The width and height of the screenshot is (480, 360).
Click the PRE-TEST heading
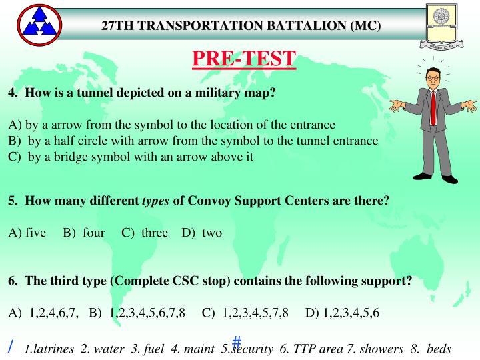(243, 59)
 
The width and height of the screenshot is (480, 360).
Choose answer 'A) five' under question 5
(27, 233)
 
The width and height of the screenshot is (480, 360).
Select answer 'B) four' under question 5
(84, 233)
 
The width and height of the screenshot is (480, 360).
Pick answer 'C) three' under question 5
(144, 233)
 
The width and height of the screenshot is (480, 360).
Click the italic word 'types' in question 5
(156, 201)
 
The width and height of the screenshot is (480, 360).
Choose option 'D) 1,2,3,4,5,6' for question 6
(342, 313)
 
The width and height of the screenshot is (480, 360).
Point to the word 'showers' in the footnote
(384, 348)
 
